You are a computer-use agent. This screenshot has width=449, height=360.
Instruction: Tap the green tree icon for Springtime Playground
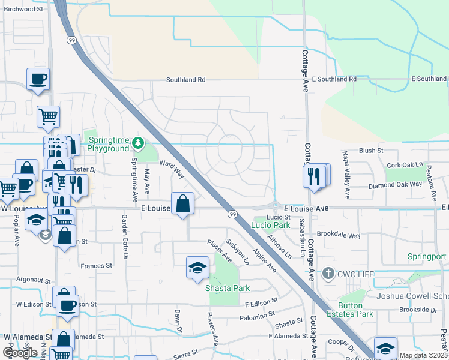click(x=139, y=143)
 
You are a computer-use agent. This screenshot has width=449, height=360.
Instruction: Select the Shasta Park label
click(x=228, y=288)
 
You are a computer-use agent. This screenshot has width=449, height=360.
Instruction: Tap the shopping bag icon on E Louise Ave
click(x=183, y=204)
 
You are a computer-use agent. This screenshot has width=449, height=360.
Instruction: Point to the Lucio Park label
click(x=271, y=225)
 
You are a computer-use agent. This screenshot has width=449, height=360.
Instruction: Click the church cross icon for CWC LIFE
click(x=328, y=274)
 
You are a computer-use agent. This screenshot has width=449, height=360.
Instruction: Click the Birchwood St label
click(x=23, y=9)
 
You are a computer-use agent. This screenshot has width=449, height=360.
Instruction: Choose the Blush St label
click(x=372, y=151)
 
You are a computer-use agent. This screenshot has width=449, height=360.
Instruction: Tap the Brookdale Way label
click(x=339, y=236)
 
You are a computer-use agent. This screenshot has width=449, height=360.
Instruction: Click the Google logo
click(x=20, y=353)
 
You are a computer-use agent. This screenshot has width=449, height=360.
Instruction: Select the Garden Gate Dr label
click(x=126, y=234)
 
